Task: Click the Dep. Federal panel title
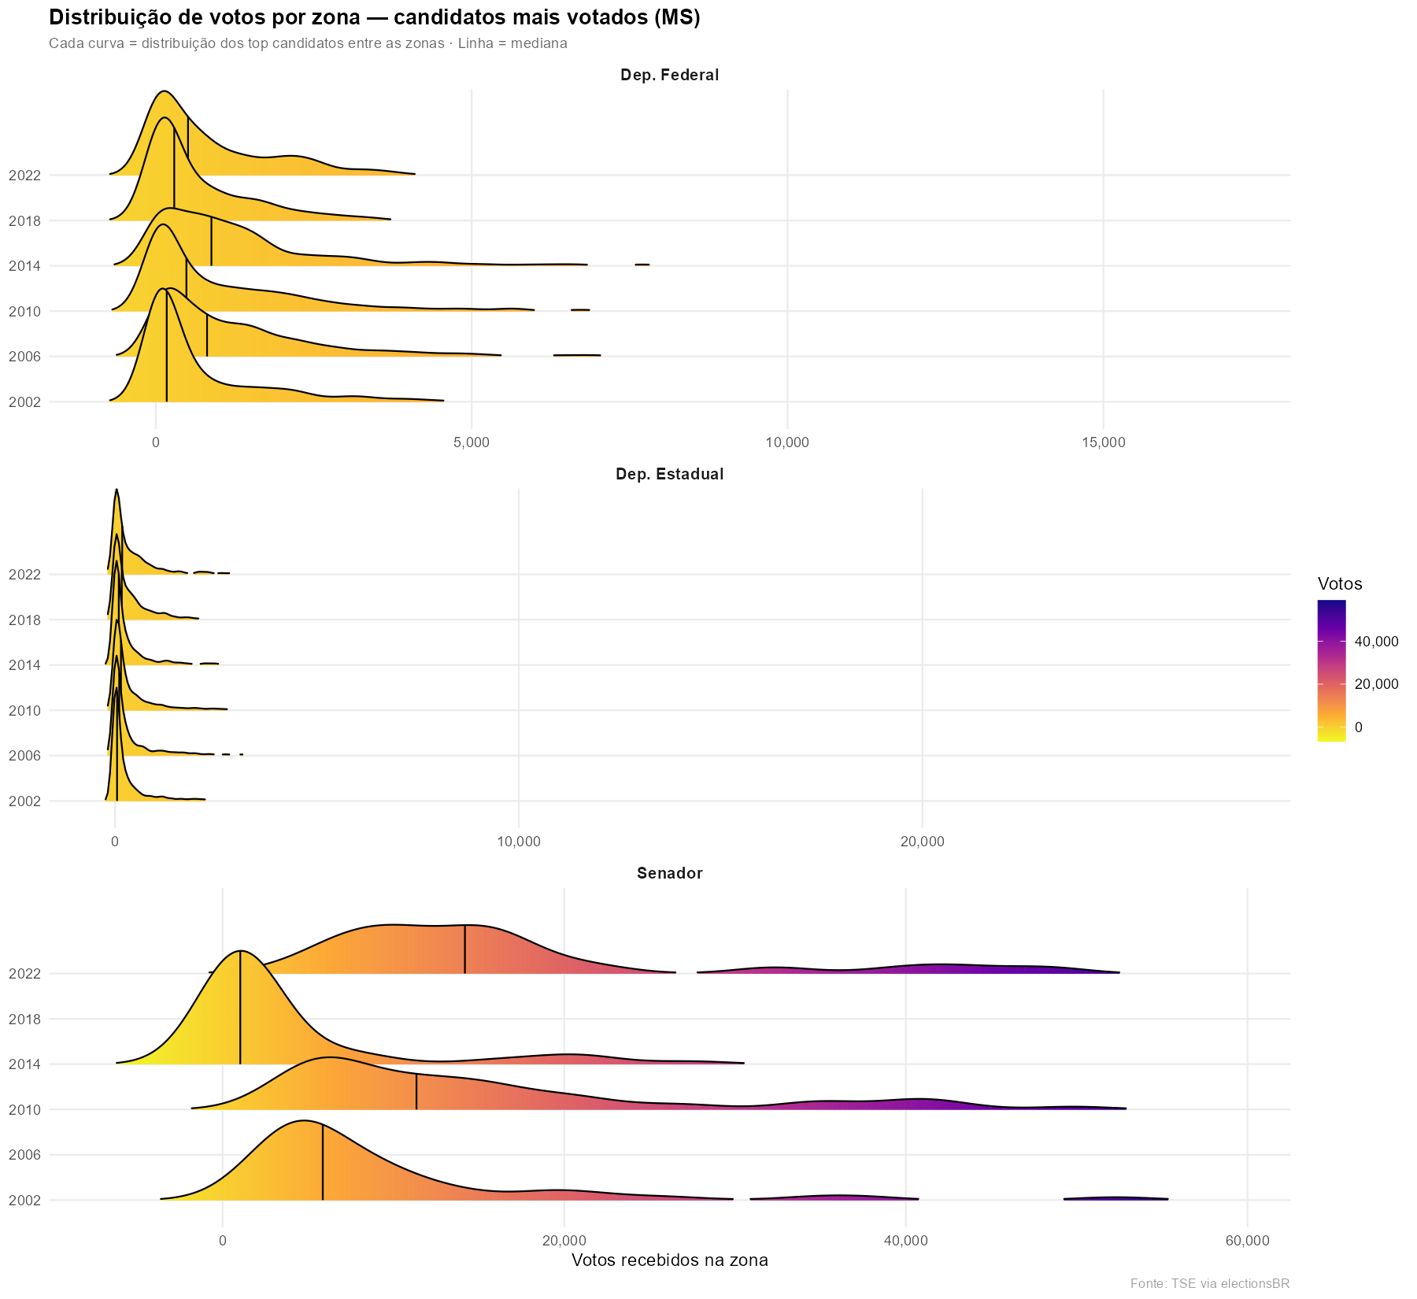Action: (669, 76)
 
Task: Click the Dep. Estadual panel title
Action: (669, 475)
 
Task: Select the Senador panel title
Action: (669, 873)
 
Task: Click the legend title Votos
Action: (1340, 584)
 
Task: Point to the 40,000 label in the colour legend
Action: (1376, 642)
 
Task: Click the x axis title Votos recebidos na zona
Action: (669, 1260)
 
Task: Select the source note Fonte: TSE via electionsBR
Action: (1209, 1284)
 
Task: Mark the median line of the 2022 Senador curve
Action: (465, 949)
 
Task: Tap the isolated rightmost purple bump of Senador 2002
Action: (1116, 1198)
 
